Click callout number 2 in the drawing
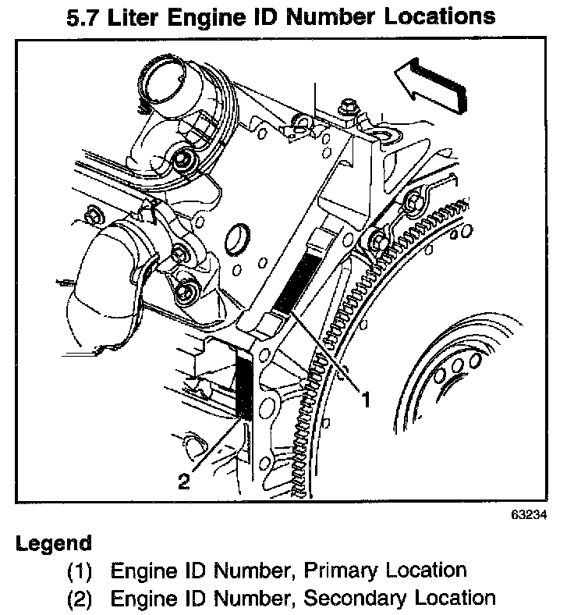pyautogui.click(x=183, y=482)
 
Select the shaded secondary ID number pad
pyautogui.click(x=244, y=385)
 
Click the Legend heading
pyautogui.click(x=53, y=543)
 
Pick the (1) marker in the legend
pyautogui.click(x=79, y=571)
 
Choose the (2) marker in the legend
pyautogui.click(x=79, y=599)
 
